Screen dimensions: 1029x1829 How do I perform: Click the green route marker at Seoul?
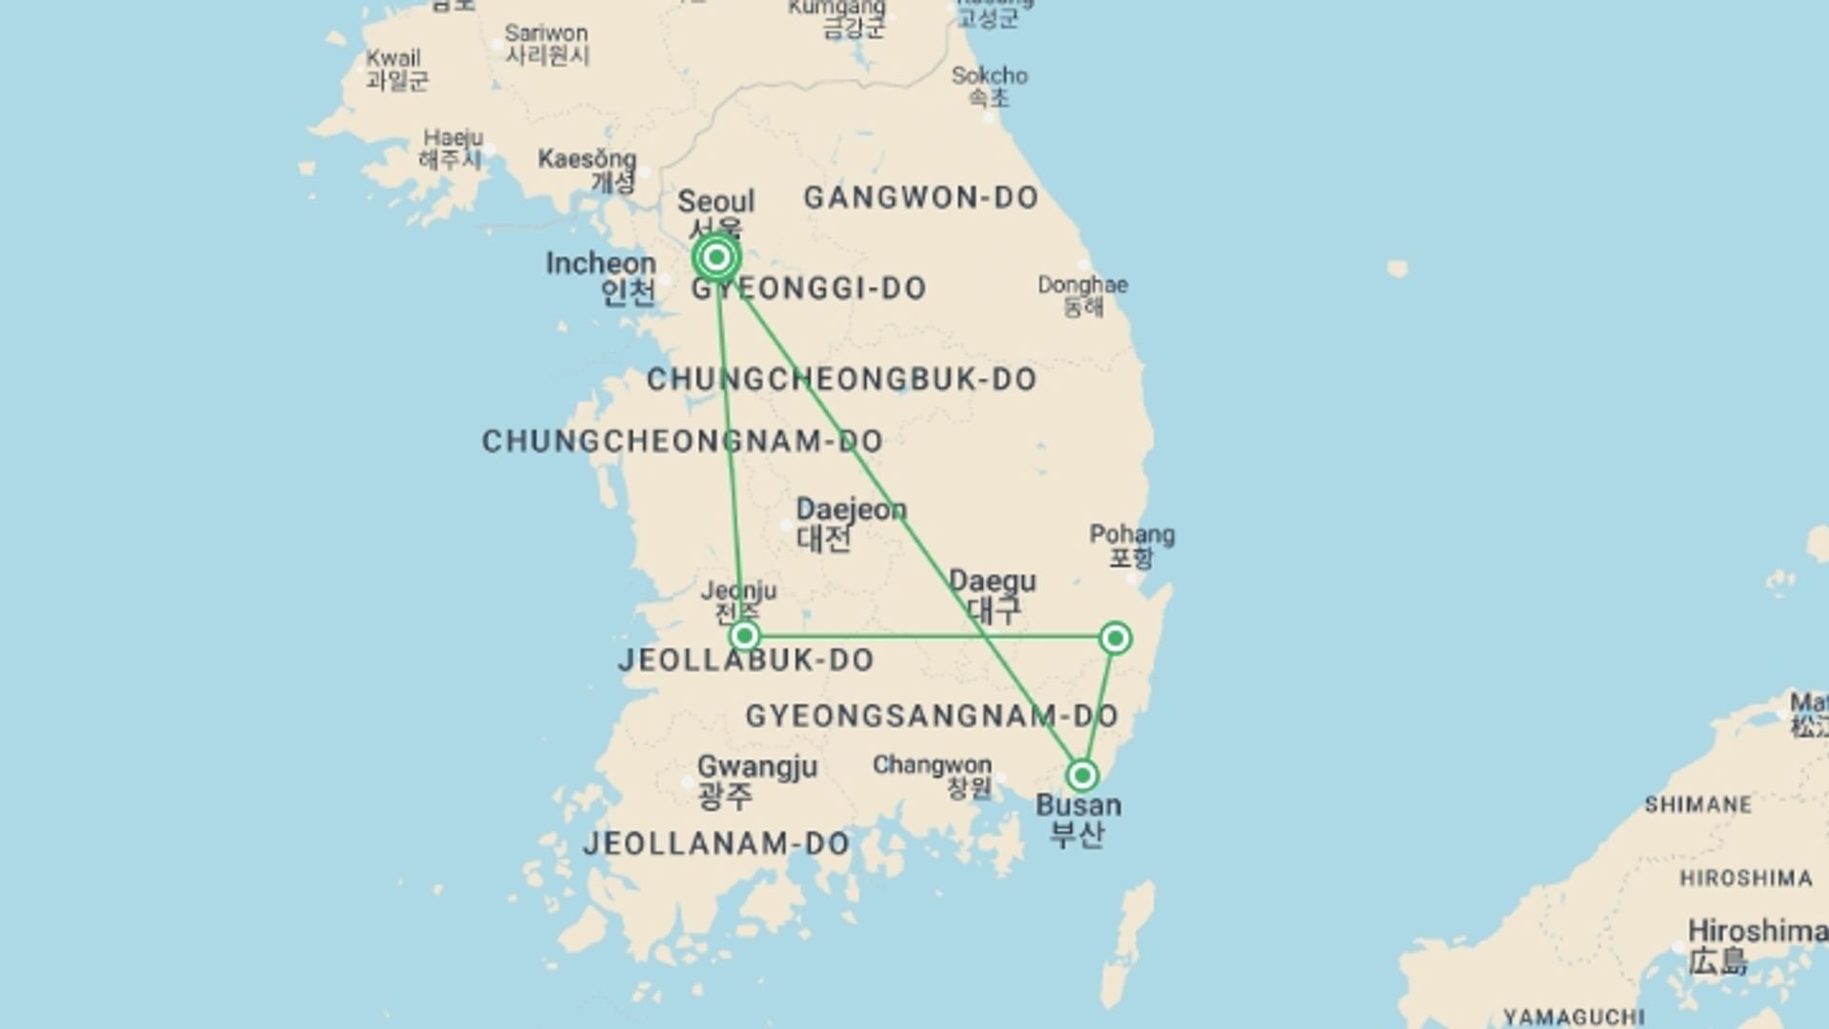[716, 257]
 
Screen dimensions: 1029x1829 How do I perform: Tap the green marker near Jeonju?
[745, 636]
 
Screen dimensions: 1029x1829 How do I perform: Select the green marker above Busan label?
[1082, 776]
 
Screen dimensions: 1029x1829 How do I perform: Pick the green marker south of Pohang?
[1115, 637]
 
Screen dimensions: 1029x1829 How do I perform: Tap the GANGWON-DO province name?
[920, 198]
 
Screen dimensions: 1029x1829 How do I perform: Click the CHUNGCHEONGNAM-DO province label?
[682, 441]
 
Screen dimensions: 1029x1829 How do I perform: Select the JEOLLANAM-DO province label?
[716, 843]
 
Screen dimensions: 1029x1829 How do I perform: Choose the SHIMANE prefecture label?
[1698, 805]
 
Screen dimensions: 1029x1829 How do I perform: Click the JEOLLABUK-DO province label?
[746, 660]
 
